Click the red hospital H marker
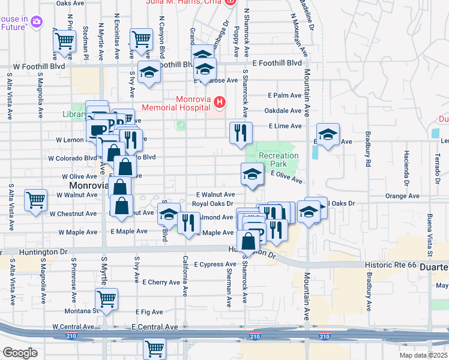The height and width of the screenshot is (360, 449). (220, 103)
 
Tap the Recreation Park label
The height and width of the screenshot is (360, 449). (279, 160)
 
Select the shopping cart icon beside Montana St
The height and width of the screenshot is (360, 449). (106, 298)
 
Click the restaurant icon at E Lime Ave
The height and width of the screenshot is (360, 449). (241, 132)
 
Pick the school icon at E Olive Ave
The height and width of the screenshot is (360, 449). (252, 174)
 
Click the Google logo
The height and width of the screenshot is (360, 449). (20, 353)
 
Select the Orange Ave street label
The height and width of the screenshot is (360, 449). (402, 196)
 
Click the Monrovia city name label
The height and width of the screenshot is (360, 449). (83, 187)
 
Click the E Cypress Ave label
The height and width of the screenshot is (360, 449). (215, 264)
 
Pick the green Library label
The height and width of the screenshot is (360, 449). (73, 114)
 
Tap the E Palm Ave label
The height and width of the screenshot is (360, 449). (284, 95)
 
